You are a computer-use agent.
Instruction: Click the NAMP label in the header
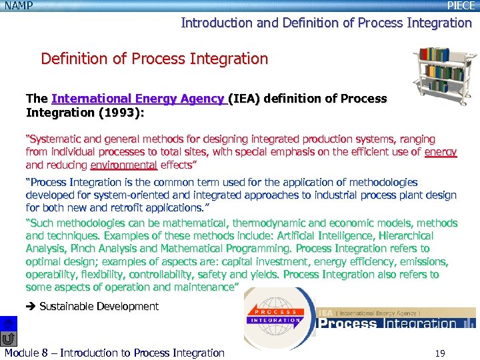18,5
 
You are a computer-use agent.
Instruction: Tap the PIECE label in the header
461,5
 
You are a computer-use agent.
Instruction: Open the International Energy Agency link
138,99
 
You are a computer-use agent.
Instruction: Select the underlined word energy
441,152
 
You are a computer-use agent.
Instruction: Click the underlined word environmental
123,165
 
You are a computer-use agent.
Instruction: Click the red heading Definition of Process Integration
154,59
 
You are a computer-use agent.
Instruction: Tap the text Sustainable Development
99,307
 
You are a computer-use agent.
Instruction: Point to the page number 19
439,353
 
